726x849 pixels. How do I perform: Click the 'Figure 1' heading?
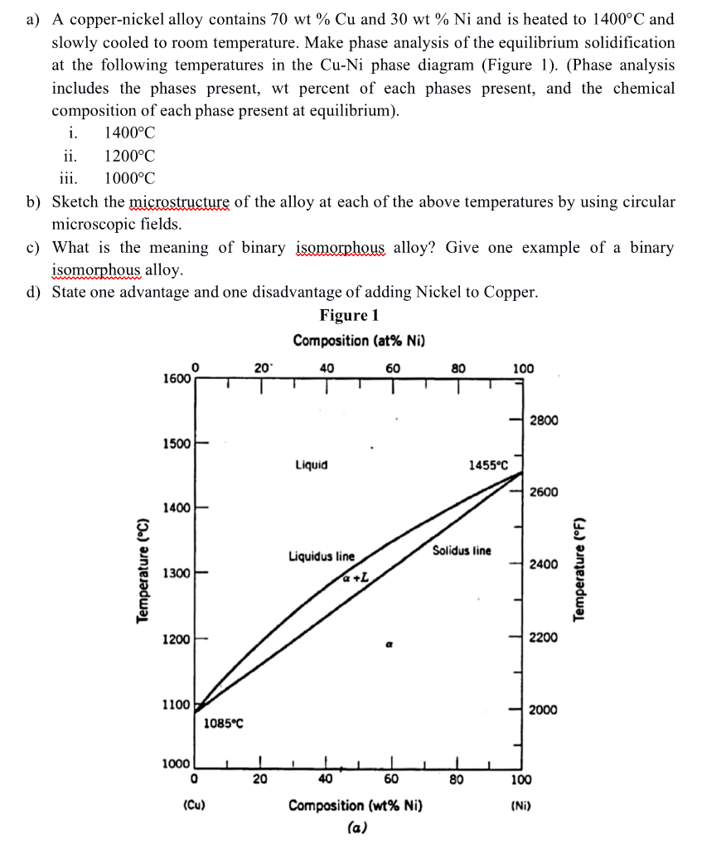349,315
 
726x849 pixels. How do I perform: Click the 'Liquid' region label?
311,465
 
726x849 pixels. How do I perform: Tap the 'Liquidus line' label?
321,556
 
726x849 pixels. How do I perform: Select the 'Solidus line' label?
461,550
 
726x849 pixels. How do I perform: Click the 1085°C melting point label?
223,724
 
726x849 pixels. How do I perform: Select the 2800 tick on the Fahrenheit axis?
544,420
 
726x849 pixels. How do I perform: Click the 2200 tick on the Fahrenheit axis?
544,638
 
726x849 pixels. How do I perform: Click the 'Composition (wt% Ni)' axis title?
355,805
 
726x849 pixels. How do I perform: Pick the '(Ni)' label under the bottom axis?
520,804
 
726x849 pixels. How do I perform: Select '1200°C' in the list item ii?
129,156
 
